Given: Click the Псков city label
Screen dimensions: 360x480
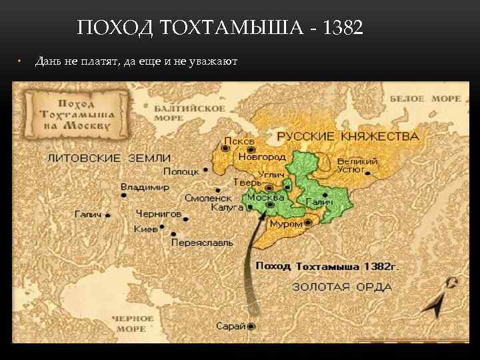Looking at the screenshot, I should pos(239,141).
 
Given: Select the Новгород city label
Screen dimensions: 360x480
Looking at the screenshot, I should pos(262,156).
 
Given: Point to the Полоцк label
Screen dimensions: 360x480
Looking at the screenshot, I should pos(181,171).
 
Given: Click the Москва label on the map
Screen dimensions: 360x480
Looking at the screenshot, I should pos(265,197).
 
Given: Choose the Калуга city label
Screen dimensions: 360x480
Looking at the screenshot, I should pos(227,207).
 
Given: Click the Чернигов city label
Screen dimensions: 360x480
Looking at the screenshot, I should pos(158,214).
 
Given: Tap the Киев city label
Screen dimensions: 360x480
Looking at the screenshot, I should pos(146,229).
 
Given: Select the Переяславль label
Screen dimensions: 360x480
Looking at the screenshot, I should pos(202,243).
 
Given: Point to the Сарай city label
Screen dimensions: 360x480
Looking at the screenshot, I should pos(231,326).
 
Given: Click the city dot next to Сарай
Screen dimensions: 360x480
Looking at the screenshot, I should pos(252,326).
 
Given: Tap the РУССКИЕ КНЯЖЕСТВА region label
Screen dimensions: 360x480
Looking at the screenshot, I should pos(348,137).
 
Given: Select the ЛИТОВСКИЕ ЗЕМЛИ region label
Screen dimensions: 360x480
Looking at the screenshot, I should pos(109,158).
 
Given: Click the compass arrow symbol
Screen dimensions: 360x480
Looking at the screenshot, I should pos(441,299).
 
